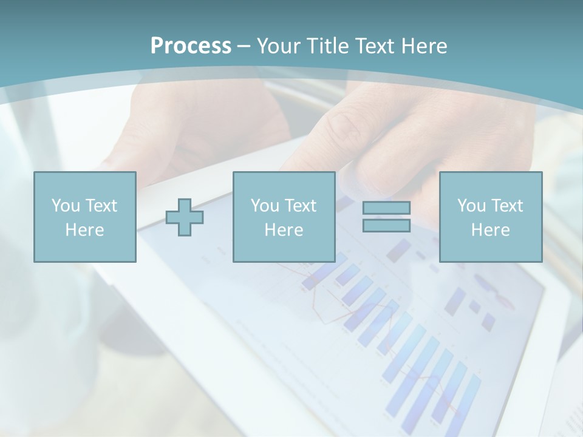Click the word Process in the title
coord(191,46)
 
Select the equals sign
coord(386,217)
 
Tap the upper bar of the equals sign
coord(386,208)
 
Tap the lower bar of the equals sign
coord(386,225)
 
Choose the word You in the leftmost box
coord(65,206)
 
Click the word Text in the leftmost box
coord(101,206)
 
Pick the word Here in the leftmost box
coord(84,230)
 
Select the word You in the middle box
coord(265,206)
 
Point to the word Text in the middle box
coord(300,206)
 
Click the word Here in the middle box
coord(284,230)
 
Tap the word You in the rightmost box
coord(471,206)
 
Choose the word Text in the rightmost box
coord(506,206)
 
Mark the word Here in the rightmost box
coord(490,230)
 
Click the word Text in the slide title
coord(374,46)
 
